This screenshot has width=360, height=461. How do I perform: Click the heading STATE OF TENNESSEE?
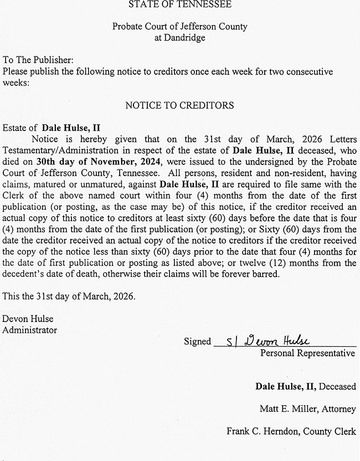coord(179,4)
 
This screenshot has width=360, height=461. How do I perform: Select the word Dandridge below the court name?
coord(180,38)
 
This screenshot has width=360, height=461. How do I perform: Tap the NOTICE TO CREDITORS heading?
coord(179,105)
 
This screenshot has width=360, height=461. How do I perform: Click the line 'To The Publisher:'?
coord(38,60)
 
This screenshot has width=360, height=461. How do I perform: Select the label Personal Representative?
coord(307,353)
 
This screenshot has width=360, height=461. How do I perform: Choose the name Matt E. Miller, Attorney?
coord(307,409)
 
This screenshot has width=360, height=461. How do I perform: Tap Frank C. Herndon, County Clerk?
coord(291,431)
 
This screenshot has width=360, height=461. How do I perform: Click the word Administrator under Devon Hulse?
coord(30,330)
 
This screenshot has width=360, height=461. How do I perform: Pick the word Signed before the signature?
coord(198,341)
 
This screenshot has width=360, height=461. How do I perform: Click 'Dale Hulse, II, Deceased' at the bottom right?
coord(305,386)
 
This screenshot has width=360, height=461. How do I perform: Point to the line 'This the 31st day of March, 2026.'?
coord(69,296)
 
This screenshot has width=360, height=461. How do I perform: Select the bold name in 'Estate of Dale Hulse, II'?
coord(71,127)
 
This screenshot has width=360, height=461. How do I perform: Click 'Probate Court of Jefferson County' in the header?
coord(179,27)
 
